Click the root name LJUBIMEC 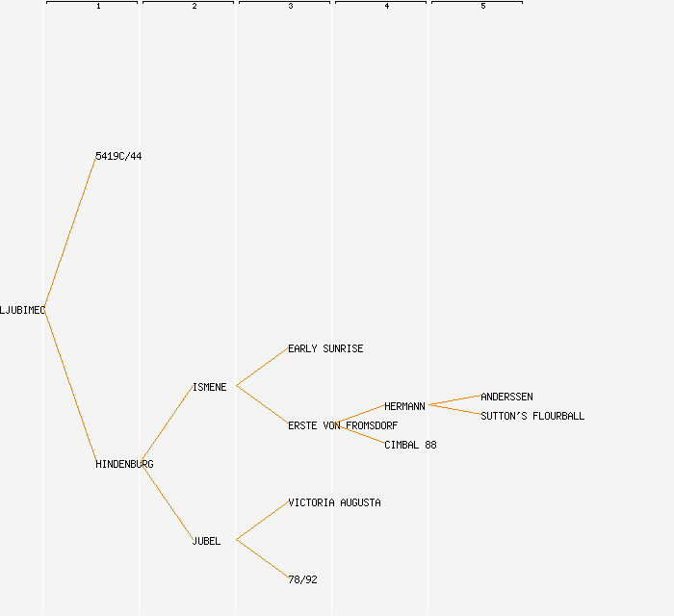click(22, 310)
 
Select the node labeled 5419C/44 click(118, 156)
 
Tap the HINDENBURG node click(124, 464)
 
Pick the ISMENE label click(209, 387)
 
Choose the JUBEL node click(206, 541)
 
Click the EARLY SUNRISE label click(325, 348)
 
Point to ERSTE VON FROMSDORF click(343, 425)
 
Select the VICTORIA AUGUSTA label click(334, 502)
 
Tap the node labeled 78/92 click(302, 579)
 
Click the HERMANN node click(404, 406)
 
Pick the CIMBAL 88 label click(410, 445)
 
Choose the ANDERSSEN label click(506, 397)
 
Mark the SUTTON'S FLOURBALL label click(532, 416)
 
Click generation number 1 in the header click(98, 7)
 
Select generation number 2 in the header click(194, 7)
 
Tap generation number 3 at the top click(291, 7)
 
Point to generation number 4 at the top click(387, 7)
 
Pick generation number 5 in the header click(483, 7)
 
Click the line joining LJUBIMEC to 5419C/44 click(70, 233)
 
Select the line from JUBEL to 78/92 click(262, 559)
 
